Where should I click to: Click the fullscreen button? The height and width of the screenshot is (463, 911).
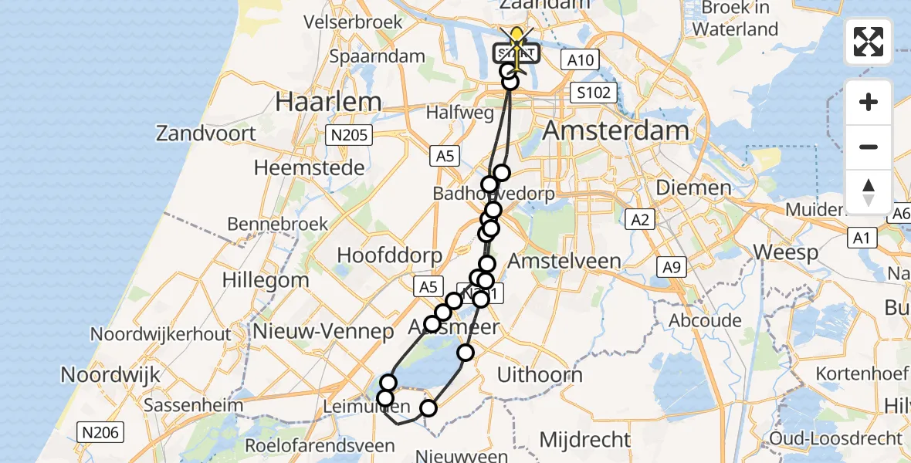coord(869,42)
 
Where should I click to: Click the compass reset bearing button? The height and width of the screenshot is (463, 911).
coord(869,192)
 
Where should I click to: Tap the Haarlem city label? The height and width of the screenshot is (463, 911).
coord(329,102)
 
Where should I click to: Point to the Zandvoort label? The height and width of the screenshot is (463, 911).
coord(205,133)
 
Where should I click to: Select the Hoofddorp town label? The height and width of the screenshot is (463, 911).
coord(389,255)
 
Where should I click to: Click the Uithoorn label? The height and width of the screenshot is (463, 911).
coord(540,376)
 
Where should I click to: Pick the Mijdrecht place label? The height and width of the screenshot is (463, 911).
coord(584,440)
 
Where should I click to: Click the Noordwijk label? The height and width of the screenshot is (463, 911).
coord(110,375)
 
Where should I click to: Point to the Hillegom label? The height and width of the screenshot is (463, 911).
coord(266,280)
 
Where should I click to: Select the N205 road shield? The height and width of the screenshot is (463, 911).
coord(348,136)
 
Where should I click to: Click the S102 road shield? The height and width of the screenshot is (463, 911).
coord(593,93)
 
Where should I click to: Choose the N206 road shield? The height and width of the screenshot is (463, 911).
coord(100,433)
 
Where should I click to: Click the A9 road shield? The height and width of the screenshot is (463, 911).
coord(671,267)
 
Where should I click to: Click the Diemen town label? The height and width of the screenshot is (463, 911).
coord(693,188)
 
